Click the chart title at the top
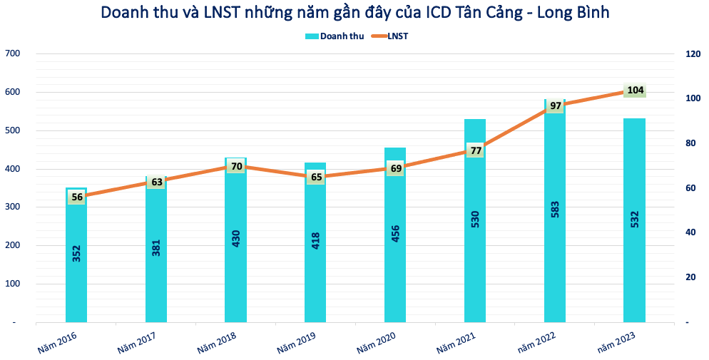click(x=354, y=12)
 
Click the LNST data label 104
click(x=635, y=91)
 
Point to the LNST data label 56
click(x=76, y=197)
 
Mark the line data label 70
click(x=236, y=167)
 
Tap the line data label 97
click(x=555, y=106)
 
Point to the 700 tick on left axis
click(x=12, y=53)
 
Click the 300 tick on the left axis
click(x=12, y=207)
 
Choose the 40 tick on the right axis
click(x=690, y=232)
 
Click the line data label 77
click(x=475, y=150)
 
